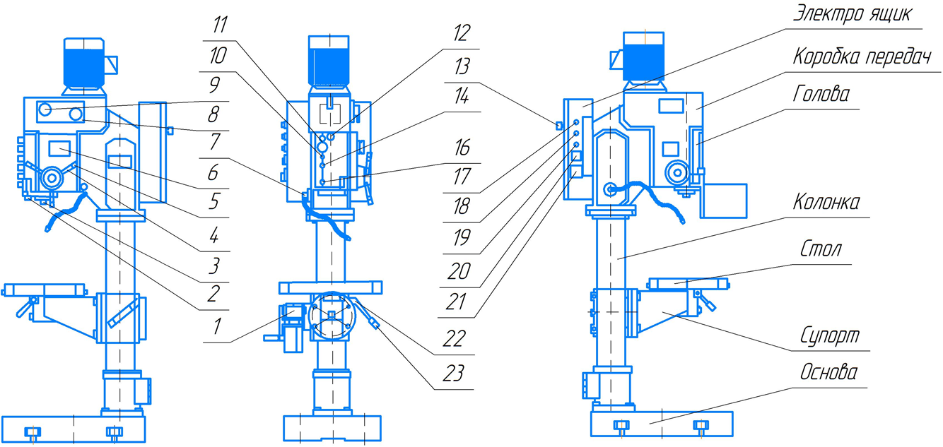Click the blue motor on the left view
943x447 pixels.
[84, 63]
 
